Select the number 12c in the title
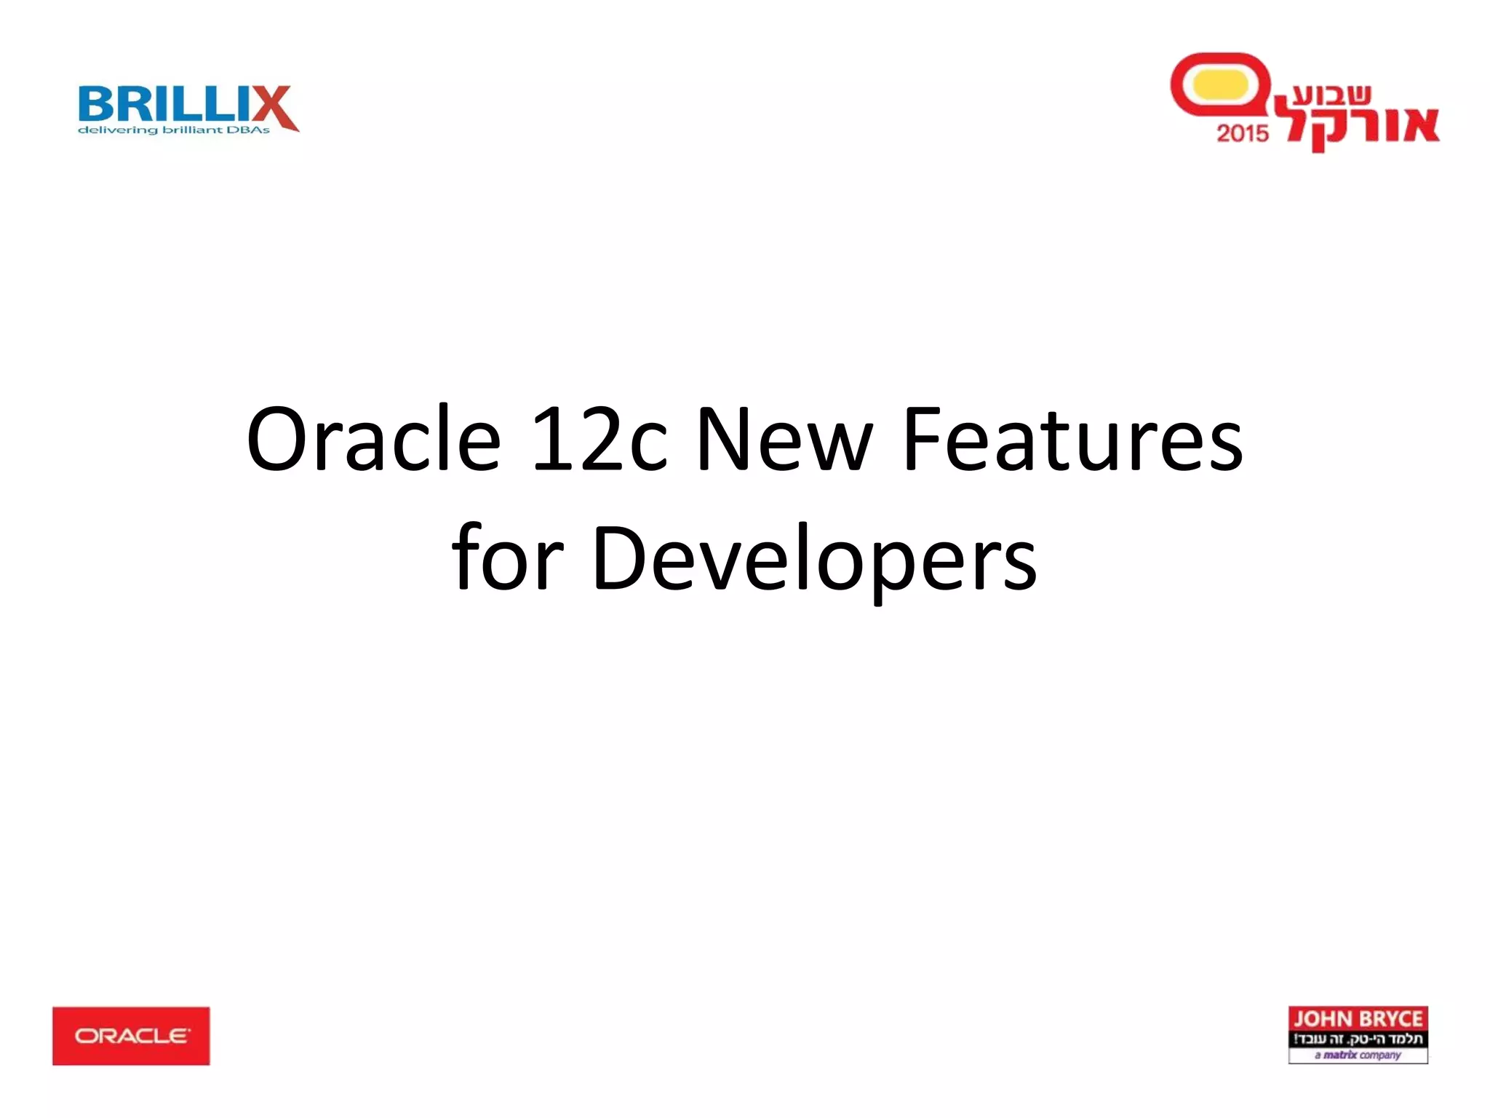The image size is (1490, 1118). coord(598,440)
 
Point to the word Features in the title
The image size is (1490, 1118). coord(1072,440)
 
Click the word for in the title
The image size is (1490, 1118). coord(507,559)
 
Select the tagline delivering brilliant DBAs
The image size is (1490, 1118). coord(174,130)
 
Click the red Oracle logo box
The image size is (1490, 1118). coord(131,1036)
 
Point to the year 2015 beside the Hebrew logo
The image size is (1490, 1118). coord(1242,133)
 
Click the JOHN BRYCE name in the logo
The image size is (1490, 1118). coord(1358,1019)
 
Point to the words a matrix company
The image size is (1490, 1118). coord(1358,1055)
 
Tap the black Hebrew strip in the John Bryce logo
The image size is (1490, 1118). coord(1358,1039)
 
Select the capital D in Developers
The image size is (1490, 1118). coord(617,559)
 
